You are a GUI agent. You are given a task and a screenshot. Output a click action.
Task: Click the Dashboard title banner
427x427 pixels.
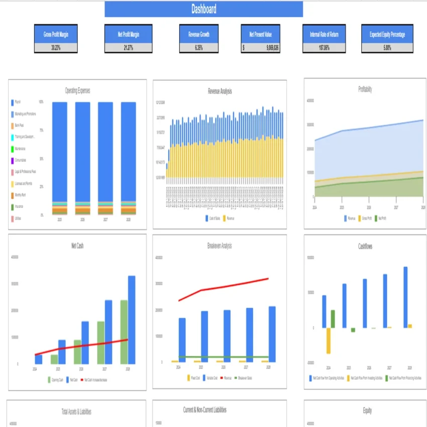203,9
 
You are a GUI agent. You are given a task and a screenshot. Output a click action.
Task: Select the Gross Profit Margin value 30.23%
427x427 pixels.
56,48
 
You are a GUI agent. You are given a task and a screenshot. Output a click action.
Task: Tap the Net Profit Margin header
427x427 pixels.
128,35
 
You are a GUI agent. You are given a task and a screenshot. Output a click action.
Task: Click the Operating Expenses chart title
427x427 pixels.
77,91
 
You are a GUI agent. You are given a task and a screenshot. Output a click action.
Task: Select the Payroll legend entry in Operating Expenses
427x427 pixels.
18,102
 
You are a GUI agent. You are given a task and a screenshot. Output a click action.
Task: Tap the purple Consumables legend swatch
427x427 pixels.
12,160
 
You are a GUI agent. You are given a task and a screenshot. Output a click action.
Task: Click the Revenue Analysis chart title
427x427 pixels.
220,91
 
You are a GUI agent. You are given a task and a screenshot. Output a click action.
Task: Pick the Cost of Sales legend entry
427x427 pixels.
214,219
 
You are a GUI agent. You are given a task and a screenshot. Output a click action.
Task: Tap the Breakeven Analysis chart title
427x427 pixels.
220,246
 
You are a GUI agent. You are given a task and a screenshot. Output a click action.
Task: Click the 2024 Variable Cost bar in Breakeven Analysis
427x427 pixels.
182,340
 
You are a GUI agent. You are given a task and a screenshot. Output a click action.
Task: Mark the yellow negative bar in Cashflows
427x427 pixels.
329,341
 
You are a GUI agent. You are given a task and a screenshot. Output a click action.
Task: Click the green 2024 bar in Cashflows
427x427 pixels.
333,318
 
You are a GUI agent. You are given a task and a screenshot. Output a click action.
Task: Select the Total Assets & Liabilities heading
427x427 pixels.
77,411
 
